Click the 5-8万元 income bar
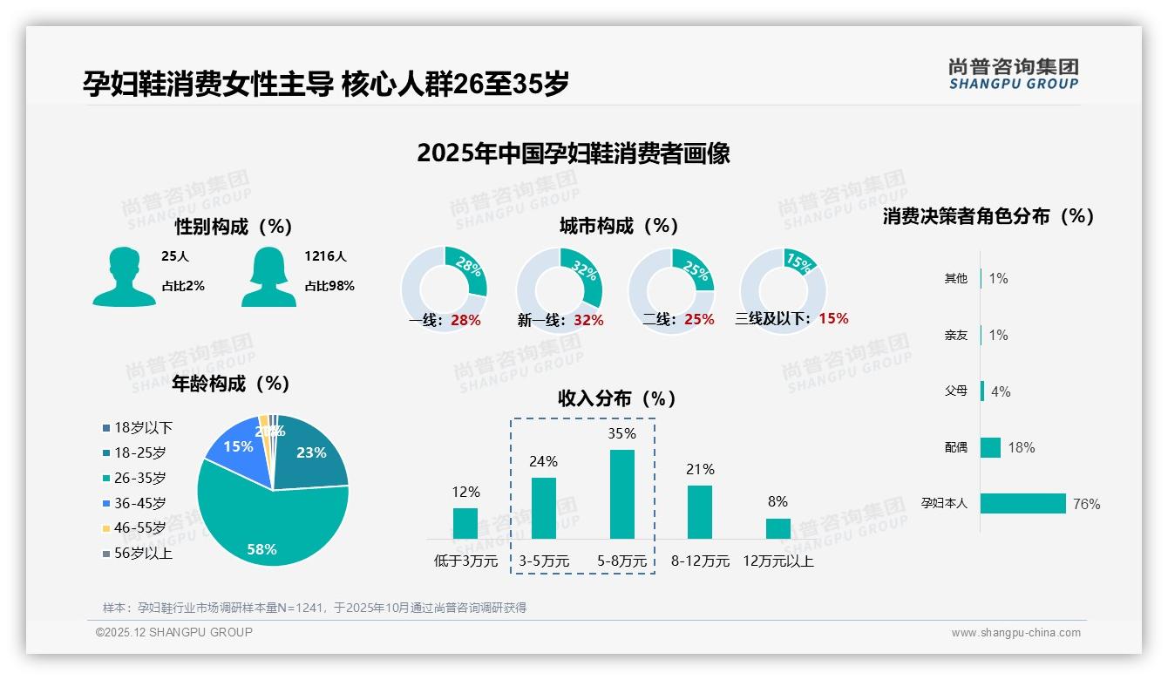(x=621, y=493)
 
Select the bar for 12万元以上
(x=778, y=528)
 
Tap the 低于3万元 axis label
(x=465, y=561)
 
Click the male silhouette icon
(x=124, y=276)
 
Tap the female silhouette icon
(x=269, y=276)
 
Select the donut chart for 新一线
(x=559, y=290)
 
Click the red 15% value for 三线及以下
(x=833, y=318)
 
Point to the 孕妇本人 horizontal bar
(x=1022, y=503)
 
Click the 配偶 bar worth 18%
(x=990, y=447)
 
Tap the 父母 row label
(x=955, y=391)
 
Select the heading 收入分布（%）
(x=617, y=398)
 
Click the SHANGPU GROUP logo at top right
(x=1013, y=74)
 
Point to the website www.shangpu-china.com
(x=1015, y=633)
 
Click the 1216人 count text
(x=325, y=256)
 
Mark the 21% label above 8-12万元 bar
(x=700, y=470)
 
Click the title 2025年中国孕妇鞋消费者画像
(x=573, y=153)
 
